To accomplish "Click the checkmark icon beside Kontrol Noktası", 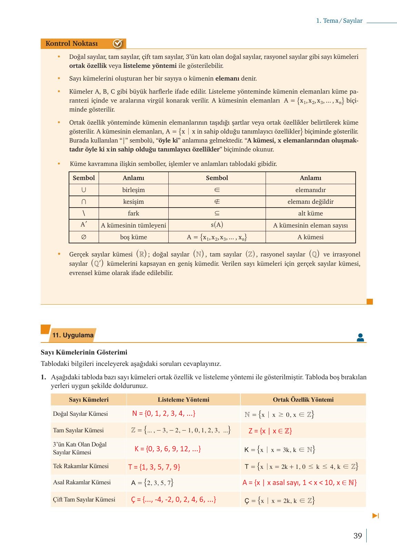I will click(118, 44).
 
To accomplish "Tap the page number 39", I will click(358, 536).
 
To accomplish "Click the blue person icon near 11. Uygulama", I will click(360, 337).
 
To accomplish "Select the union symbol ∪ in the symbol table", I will click(84, 190).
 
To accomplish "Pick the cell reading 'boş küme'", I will click(133, 237).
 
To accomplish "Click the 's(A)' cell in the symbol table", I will click(217, 225).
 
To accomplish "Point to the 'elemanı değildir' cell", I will click(310, 202).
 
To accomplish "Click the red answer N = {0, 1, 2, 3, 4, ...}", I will click(164, 414).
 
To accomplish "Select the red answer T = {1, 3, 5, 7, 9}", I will click(154, 467).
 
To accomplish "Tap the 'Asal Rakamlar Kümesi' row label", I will click(82, 482).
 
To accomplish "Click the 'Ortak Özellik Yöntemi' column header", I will click(303, 400).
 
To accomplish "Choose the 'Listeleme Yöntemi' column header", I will click(183, 400).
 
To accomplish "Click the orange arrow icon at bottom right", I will click(376, 516).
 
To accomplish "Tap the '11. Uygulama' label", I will click(73, 335).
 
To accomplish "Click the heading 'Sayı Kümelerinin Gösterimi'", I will click(84, 352).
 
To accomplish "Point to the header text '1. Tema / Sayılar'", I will click(339, 21).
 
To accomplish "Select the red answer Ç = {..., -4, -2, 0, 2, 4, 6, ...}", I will click(173, 500).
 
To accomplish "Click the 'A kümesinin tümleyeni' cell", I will click(133, 225).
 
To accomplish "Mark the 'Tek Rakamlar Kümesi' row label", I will click(81, 466).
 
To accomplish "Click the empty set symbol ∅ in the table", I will click(84, 237).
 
